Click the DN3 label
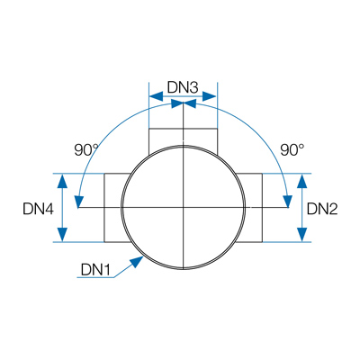(183, 88)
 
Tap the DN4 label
(38, 209)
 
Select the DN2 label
(322, 209)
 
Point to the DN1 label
(95, 270)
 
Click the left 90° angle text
(86, 150)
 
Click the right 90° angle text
(292, 150)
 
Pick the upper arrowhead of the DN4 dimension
(62, 181)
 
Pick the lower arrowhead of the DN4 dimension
(62, 234)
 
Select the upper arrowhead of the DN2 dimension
(302, 181)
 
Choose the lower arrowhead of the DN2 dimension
(302, 234)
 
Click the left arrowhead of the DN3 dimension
(157, 96)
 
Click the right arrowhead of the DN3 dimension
(209, 96)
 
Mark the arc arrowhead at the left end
(79, 201)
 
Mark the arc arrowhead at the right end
(288, 201)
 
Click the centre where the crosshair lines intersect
(183, 207)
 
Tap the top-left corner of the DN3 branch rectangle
(149, 129)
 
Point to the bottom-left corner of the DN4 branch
(104, 241)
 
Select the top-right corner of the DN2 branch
(263, 174)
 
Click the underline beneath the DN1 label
(95, 277)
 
